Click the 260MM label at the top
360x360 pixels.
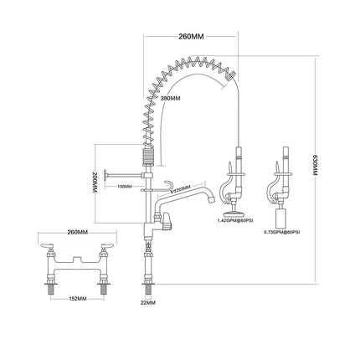190,37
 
